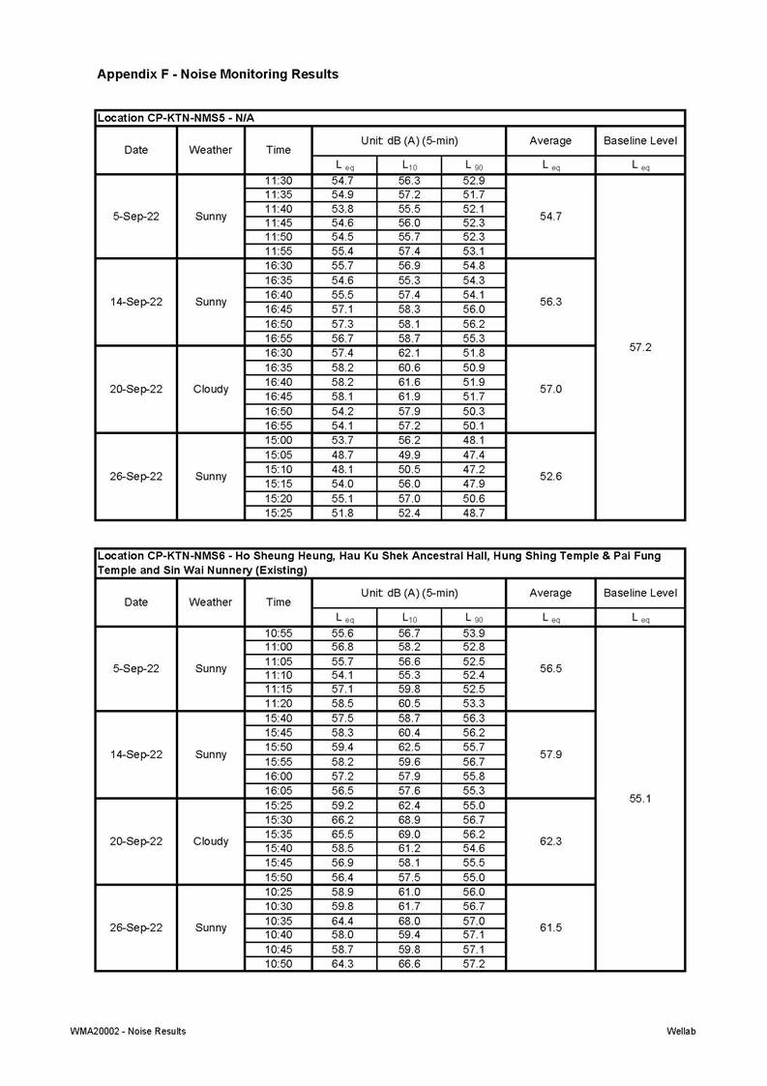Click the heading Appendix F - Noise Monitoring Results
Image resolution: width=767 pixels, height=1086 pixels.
[218, 74]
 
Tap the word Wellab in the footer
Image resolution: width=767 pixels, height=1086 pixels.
[681, 1031]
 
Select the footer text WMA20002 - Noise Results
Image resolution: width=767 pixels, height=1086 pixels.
[128, 1031]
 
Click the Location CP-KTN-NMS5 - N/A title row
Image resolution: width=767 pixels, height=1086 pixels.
[175, 118]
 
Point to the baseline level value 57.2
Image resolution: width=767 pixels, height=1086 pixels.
[640, 346]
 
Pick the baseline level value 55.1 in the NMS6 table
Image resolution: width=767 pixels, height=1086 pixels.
[640, 799]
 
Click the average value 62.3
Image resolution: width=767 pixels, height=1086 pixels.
[550, 841]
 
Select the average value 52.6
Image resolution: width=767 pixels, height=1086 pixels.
[550, 476]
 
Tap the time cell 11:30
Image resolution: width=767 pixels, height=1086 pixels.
[279, 181]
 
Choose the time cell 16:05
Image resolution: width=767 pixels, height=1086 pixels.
[279, 791]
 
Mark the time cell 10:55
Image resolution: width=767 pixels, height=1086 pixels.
[279, 633]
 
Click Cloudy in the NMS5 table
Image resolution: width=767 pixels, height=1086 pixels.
[211, 389]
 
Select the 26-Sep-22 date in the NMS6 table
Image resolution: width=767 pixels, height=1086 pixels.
[136, 927]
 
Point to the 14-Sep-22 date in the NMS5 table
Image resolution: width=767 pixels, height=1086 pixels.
[136, 302]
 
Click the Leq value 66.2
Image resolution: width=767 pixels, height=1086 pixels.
[344, 820]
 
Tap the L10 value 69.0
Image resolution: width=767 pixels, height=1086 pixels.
[409, 835]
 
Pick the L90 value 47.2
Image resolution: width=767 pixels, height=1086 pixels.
[474, 469]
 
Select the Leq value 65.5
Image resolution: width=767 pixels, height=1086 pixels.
[344, 835]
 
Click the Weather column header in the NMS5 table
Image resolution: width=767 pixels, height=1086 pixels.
[211, 150]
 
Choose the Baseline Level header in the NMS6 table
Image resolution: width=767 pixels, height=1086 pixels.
[640, 593]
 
